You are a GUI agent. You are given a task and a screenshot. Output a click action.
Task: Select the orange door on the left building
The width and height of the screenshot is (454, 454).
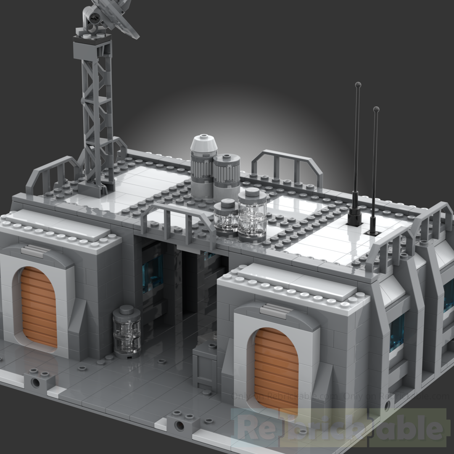coord(39,307)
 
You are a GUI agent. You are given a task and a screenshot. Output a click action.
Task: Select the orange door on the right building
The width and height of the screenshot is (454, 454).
coord(276,370)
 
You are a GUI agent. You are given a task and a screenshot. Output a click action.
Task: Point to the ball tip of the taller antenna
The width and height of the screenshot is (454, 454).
coord(358,85)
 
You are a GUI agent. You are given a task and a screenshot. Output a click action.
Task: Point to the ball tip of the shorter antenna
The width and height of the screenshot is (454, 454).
coord(376,109)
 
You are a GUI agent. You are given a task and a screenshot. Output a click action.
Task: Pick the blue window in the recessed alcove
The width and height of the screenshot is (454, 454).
coord(152,273)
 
